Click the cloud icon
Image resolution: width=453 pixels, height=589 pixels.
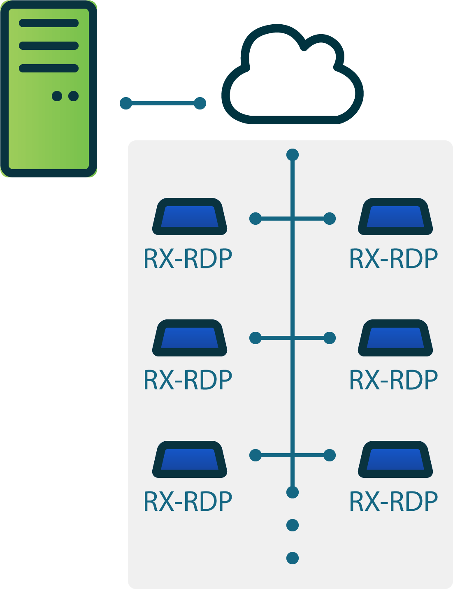coord(292,76)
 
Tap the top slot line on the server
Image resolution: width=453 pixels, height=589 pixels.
coord(49,23)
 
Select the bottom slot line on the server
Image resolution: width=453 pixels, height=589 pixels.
coord(49,68)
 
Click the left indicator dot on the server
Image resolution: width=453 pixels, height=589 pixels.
coord(57,96)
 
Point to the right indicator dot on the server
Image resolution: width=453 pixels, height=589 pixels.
coord(74,96)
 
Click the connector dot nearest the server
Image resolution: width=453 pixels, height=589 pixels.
coord(126,103)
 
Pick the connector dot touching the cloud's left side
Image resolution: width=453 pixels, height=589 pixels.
coord(200,103)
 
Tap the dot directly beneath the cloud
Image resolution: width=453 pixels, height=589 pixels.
coord(293,155)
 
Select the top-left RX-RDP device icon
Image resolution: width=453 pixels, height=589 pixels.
coord(190,217)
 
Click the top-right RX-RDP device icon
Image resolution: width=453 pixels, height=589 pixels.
coord(395,217)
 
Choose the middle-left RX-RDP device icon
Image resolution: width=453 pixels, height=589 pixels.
coord(190,338)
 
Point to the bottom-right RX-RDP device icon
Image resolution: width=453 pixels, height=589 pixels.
coord(395,460)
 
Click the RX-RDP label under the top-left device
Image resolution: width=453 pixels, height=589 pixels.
coord(188,259)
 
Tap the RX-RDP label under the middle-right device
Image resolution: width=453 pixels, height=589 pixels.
coord(394,380)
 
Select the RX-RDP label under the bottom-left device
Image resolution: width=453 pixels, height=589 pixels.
coord(188,502)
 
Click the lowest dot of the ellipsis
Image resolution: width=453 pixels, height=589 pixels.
coord(293,558)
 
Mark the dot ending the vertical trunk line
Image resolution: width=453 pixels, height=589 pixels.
coord(293,492)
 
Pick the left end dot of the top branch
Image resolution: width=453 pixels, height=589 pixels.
coord(256,219)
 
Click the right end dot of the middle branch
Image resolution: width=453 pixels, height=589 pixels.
coord(330,338)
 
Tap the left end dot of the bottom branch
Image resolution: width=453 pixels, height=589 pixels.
coord(256,455)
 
